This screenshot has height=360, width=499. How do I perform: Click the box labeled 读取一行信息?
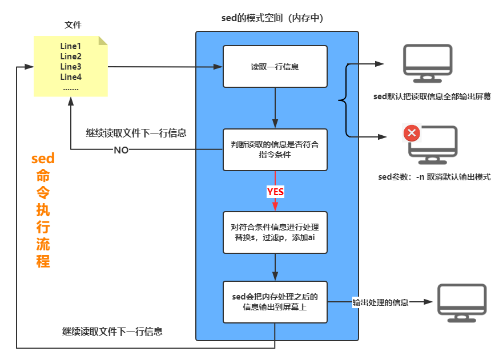[x=275, y=67]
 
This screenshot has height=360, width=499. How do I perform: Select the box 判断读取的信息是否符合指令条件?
[x=275, y=150]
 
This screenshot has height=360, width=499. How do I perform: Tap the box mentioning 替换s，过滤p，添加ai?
[x=275, y=232]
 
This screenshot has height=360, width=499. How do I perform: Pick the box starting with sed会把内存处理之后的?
[x=275, y=302]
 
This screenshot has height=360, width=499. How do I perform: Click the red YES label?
[x=275, y=192]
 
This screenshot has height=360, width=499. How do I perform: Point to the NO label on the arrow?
[x=121, y=150]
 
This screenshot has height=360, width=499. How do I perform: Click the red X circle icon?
[x=412, y=134]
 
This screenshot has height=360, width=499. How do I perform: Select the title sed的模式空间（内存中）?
[x=272, y=18]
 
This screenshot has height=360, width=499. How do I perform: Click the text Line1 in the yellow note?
[x=71, y=46]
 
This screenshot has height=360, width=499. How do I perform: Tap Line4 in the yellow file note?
[x=71, y=77]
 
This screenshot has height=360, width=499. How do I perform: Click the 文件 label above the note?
[x=73, y=25]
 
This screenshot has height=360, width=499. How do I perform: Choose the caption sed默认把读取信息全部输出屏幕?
[x=432, y=96]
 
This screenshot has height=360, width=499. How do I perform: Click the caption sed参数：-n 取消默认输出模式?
[x=434, y=177]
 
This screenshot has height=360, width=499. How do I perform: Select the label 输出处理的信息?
[x=380, y=302]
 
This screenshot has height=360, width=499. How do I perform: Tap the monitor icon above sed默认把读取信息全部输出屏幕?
[x=427, y=60]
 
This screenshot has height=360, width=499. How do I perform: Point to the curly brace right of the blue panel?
[x=344, y=101]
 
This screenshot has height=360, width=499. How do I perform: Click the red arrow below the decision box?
[x=275, y=203]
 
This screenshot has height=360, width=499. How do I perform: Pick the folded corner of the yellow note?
[x=103, y=41]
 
